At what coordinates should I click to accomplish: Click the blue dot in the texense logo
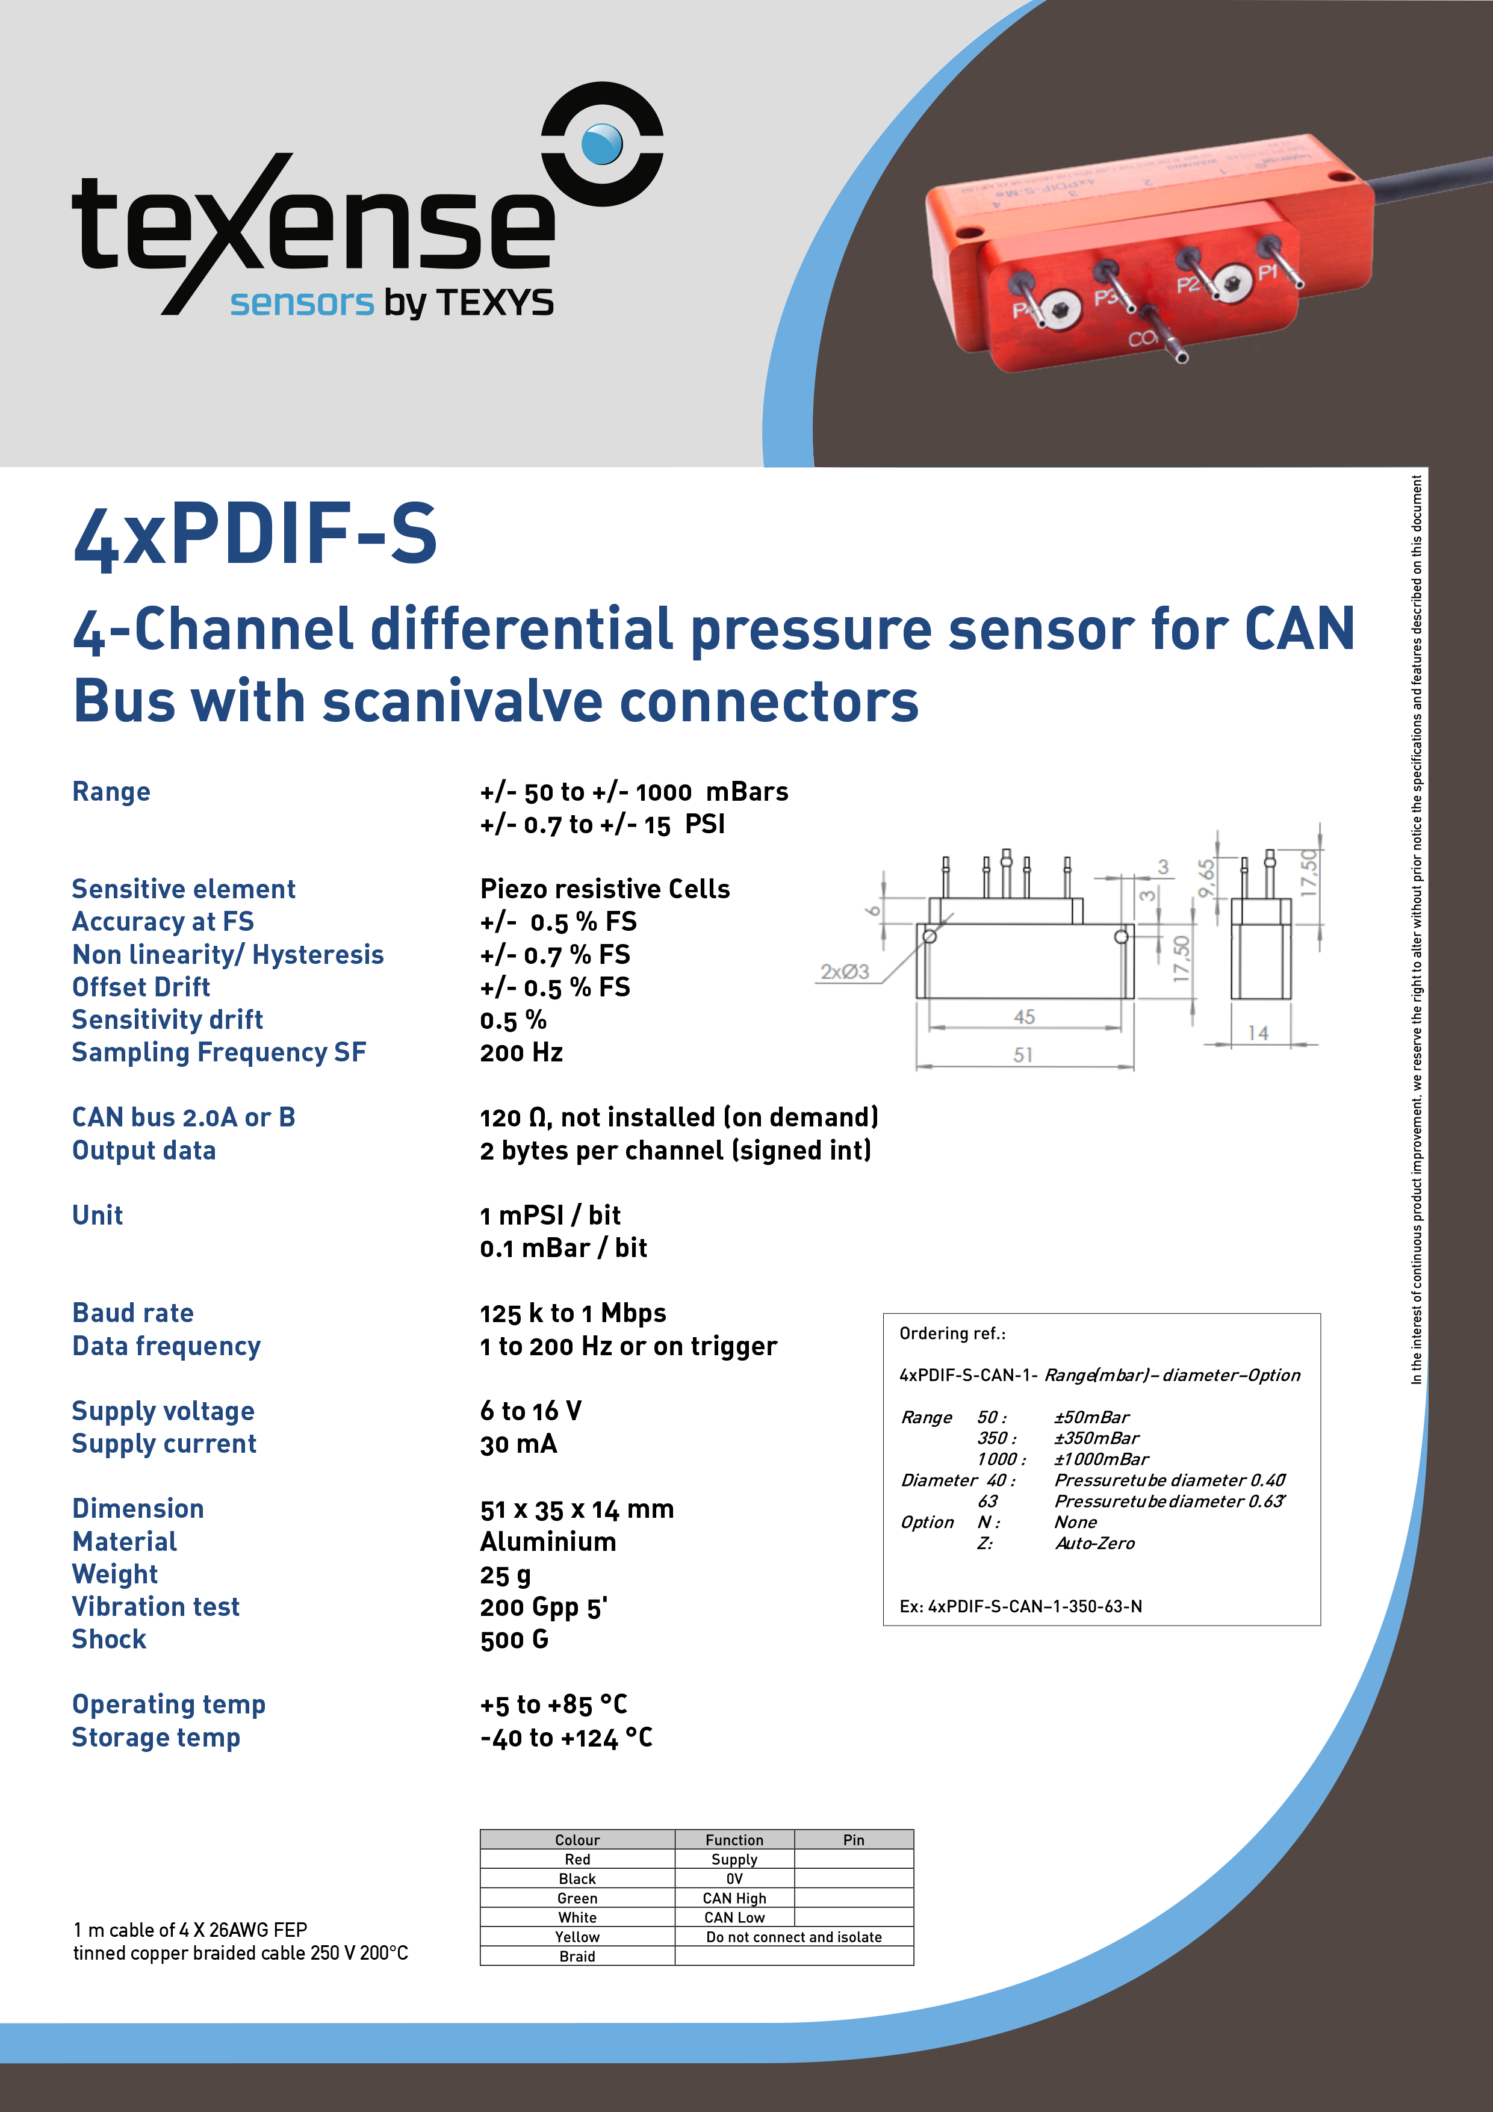tap(603, 143)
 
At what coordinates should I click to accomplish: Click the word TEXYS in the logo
tap(494, 303)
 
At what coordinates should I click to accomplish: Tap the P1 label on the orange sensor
tap(1268, 272)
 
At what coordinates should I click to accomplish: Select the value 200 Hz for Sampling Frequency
tap(521, 1052)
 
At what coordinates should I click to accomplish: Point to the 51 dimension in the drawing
tap(1023, 1055)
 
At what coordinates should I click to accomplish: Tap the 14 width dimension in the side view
tap(1258, 1033)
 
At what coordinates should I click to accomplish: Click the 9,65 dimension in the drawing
tap(1206, 878)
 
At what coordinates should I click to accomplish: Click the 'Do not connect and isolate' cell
tap(794, 1936)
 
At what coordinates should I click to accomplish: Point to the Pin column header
tap(854, 1840)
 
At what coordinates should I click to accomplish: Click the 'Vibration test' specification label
tap(155, 1606)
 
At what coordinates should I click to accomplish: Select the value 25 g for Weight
tap(505, 1575)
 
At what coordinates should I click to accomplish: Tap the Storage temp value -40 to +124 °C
tap(566, 1738)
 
